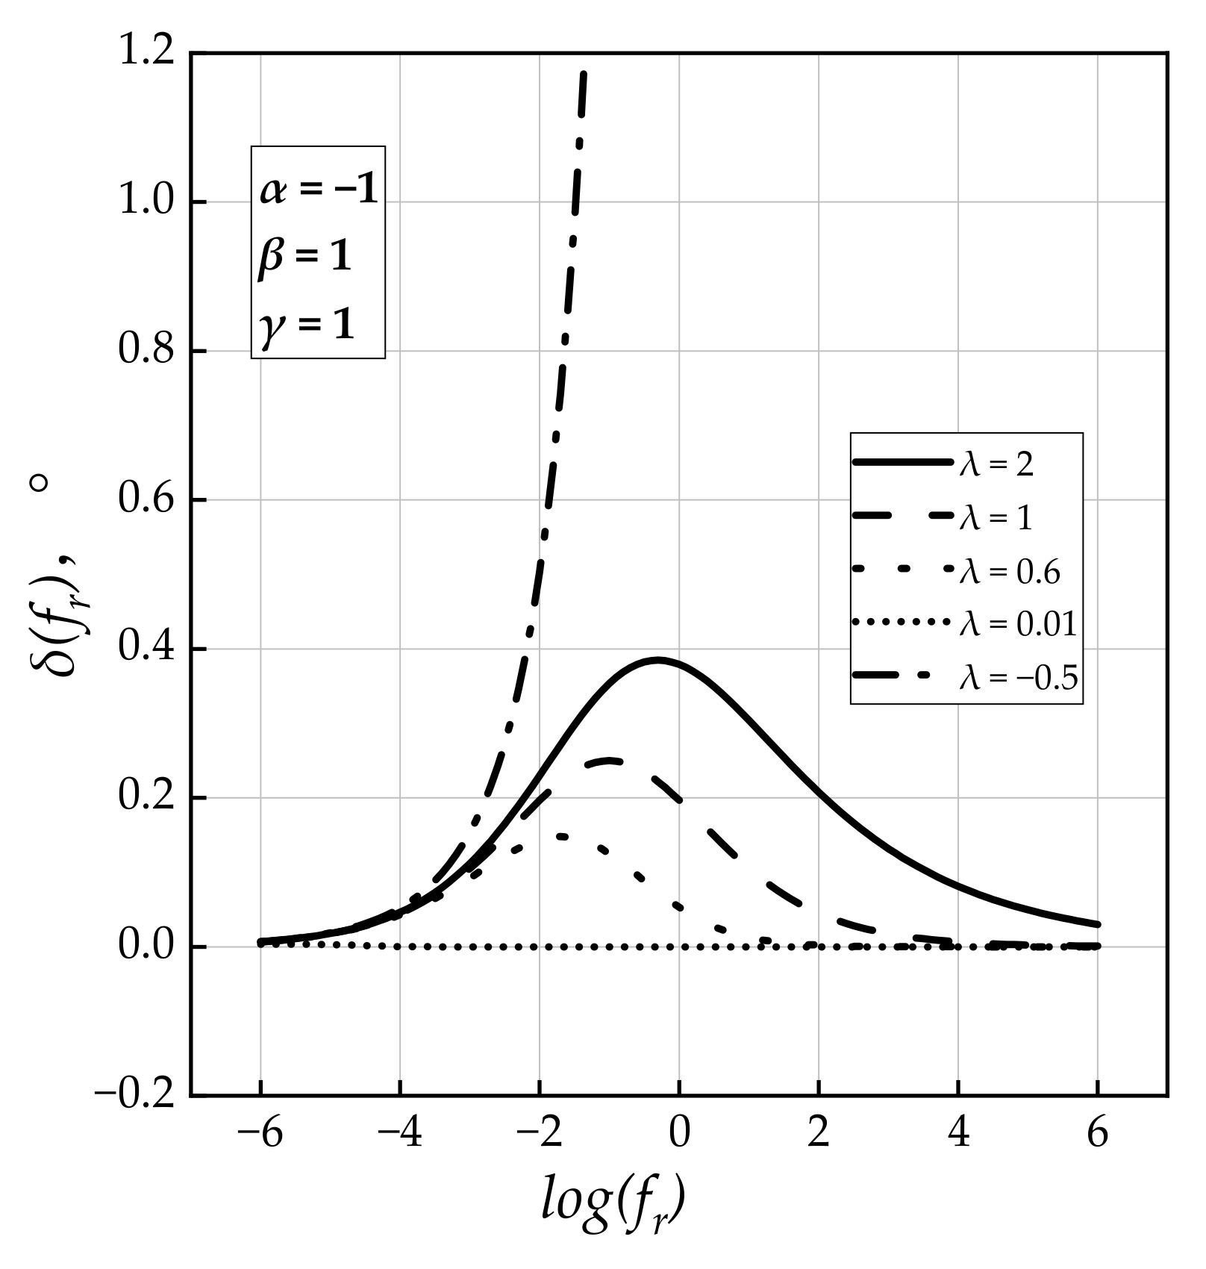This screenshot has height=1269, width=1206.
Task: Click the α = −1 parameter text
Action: pos(319,190)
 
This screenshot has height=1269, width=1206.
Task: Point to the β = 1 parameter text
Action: pos(304,258)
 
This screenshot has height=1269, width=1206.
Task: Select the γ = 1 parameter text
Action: pos(307,325)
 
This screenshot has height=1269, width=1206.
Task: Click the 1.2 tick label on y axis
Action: pos(146,54)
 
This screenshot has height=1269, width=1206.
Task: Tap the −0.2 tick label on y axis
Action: pos(134,1095)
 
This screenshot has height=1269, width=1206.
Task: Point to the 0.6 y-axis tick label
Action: pos(146,499)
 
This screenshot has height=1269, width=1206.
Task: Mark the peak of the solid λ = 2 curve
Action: pos(657,660)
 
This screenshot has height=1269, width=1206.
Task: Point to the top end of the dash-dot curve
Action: pos(583,74)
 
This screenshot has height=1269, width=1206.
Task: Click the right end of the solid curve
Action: pos(1098,924)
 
